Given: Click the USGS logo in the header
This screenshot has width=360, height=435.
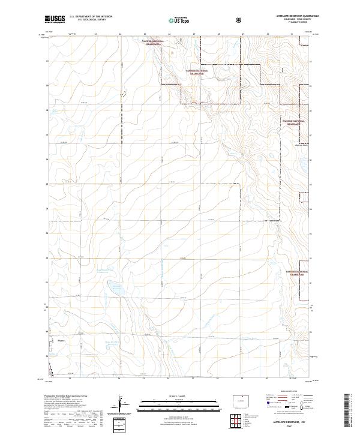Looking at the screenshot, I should tap(55, 19).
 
